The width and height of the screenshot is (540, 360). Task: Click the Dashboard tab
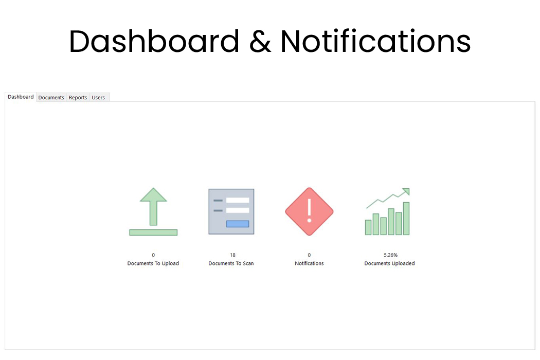(x=21, y=97)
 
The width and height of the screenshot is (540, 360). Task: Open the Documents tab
(x=51, y=97)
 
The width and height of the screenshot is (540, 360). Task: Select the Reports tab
(x=78, y=97)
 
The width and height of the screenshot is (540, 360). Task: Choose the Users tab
(x=98, y=97)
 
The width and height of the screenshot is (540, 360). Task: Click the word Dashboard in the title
(x=154, y=42)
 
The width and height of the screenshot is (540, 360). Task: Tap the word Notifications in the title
(x=375, y=42)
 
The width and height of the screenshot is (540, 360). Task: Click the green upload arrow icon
(x=153, y=211)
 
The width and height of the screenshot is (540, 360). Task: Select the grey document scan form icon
(x=231, y=211)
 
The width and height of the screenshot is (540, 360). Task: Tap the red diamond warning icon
(x=309, y=211)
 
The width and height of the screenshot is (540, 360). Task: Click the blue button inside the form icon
(x=238, y=224)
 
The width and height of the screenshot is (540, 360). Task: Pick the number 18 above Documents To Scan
(x=233, y=255)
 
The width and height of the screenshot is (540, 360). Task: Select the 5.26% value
(x=390, y=255)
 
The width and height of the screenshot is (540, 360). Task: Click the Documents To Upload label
(x=153, y=263)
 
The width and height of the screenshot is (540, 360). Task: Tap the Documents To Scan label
(x=231, y=263)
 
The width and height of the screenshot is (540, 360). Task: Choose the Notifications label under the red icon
(x=309, y=263)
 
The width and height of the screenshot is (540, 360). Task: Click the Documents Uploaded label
(x=389, y=263)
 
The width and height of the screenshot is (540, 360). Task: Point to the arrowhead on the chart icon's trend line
(x=406, y=191)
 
